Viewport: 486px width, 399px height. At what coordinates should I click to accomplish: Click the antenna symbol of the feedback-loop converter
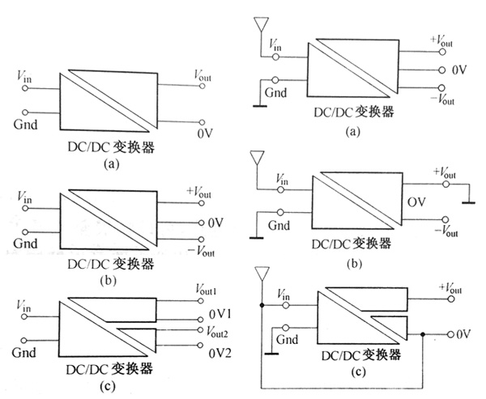pos(262,274)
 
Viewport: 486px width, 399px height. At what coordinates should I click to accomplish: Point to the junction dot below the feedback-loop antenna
pos(262,306)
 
